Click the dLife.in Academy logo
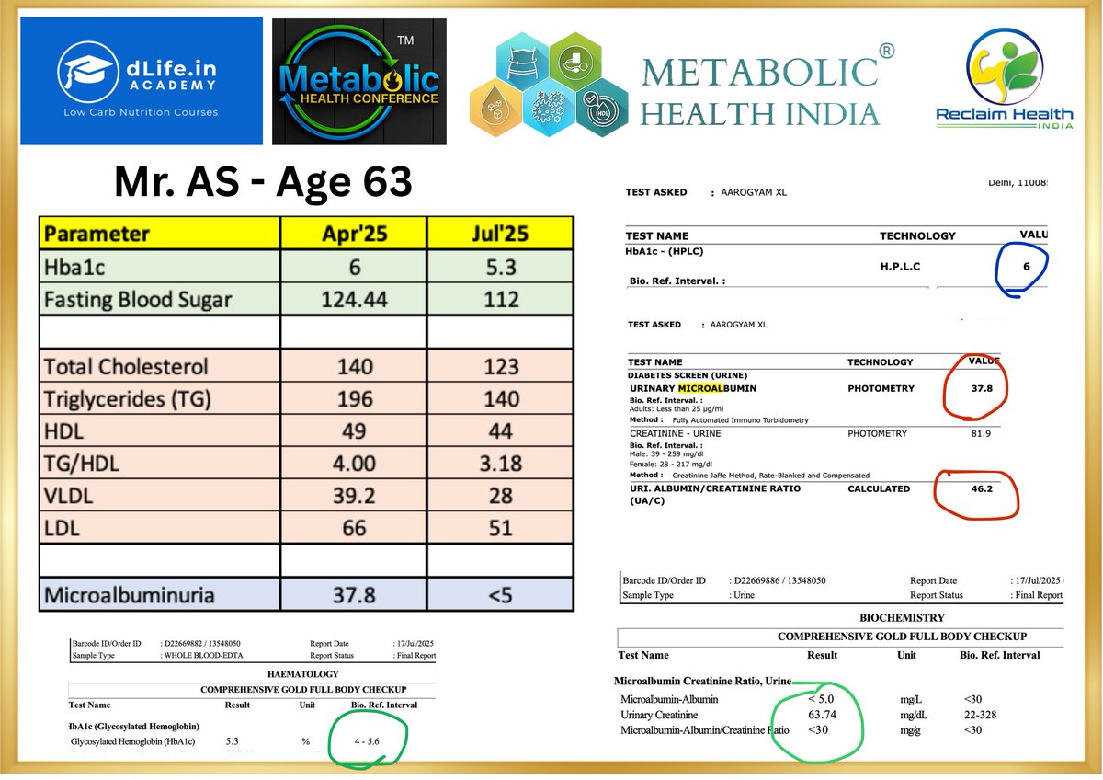point(141,81)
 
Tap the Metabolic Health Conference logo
point(359,81)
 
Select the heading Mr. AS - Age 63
point(263,183)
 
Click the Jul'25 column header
point(500,233)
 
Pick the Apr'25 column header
point(354,233)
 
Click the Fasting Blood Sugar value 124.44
point(354,299)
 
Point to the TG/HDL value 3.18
point(500,463)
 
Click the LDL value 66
point(354,528)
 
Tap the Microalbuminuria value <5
point(500,595)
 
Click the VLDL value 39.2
point(354,496)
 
